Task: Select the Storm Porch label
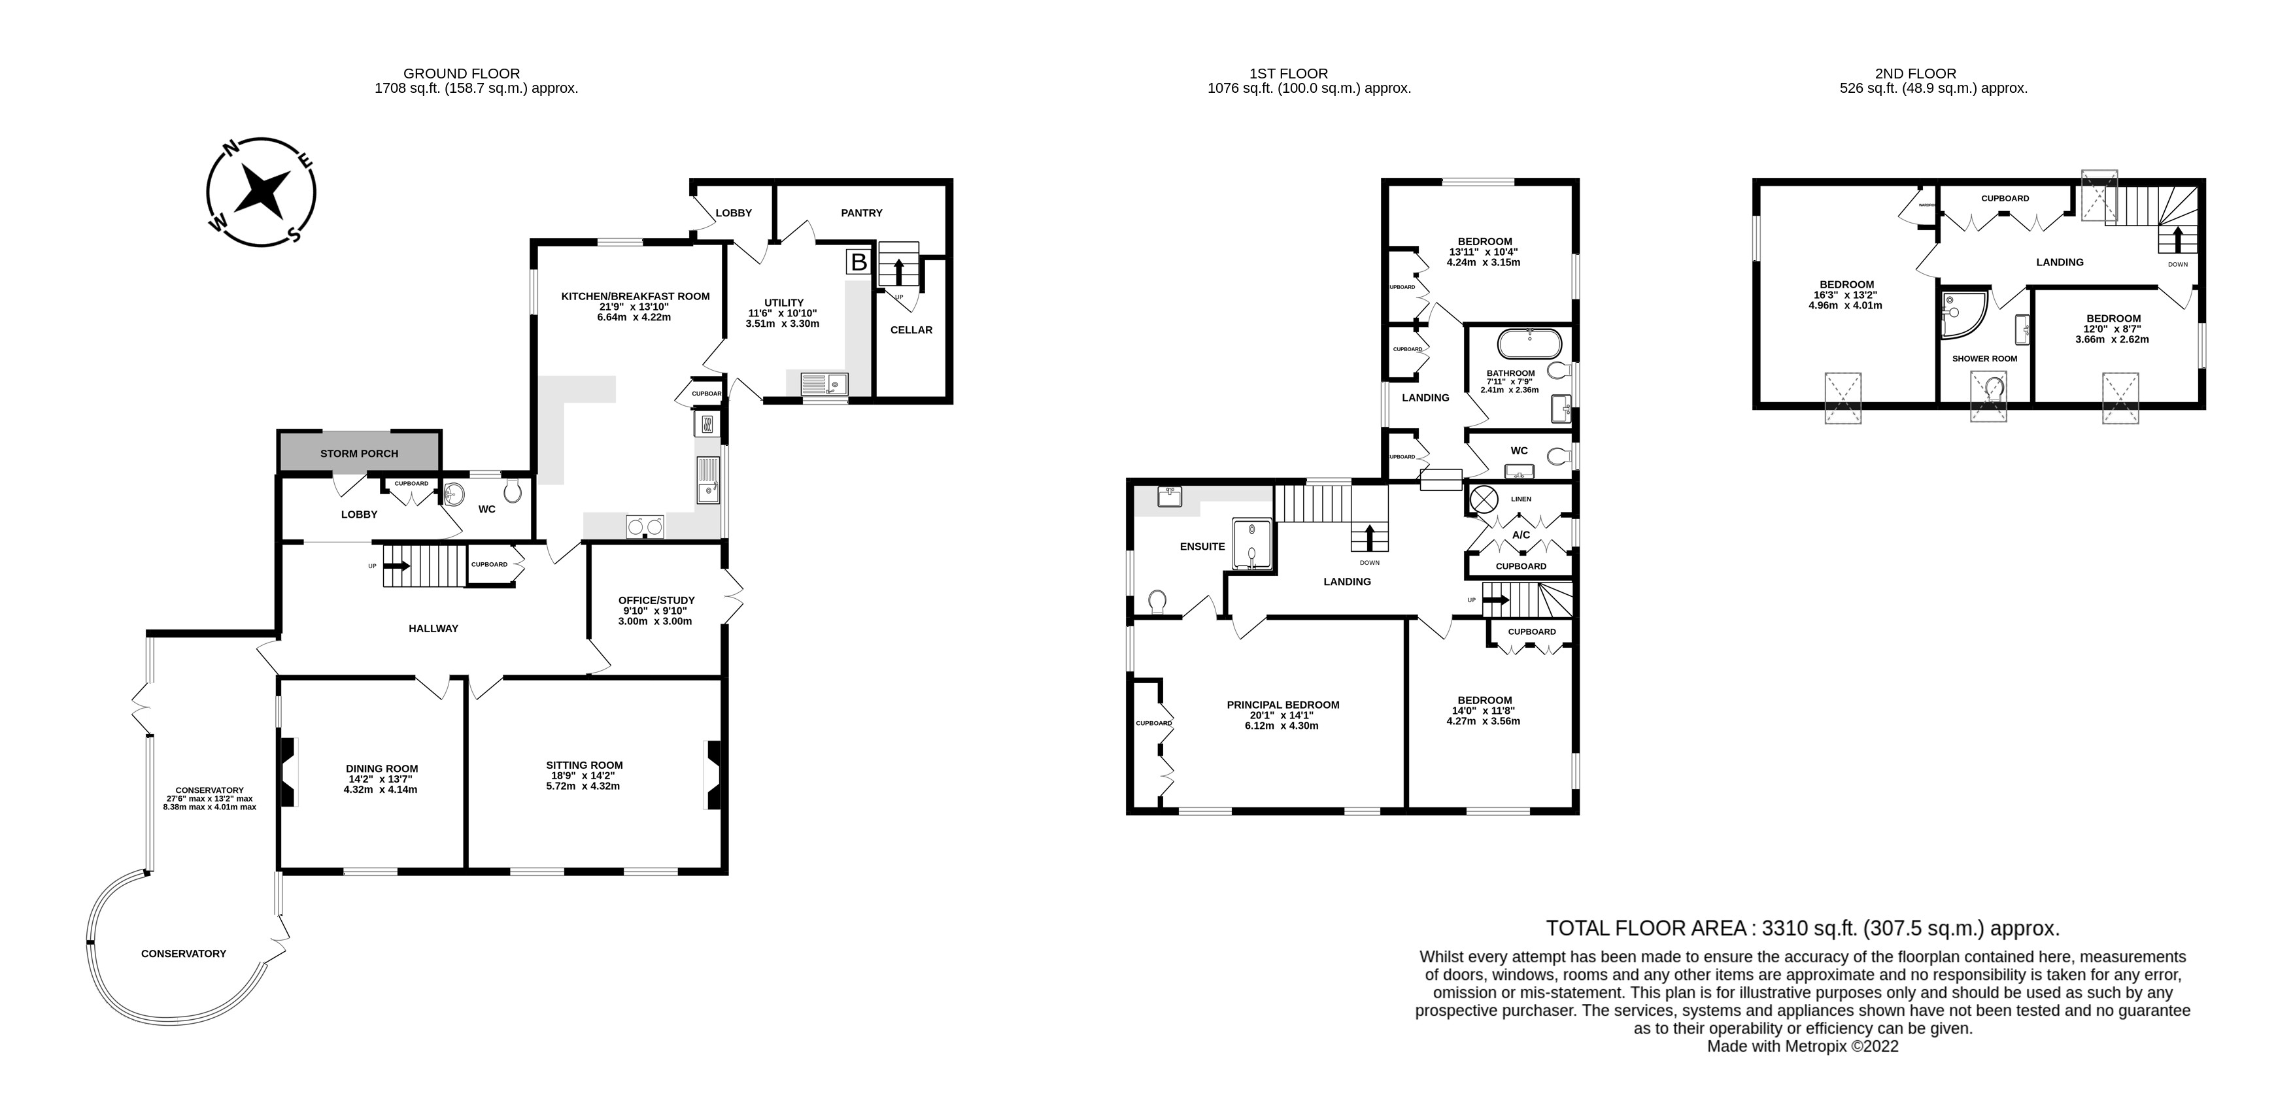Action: pyautogui.click(x=360, y=453)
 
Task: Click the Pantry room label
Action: pyautogui.click(x=862, y=212)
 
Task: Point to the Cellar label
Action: pyautogui.click(x=911, y=329)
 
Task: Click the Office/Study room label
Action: pyautogui.click(x=657, y=600)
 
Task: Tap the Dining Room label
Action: pyautogui.click(x=382, y=768)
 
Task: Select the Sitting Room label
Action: pyautogui.click(x=585, y=765)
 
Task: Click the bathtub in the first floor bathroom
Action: pyautogui.click(x=1529, y=343)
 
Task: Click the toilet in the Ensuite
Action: pyautogui.click(x=1158, y=603)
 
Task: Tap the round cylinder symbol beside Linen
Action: pyautogui.click(x=1483, y=499)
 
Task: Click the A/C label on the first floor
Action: pyautogui.click(x=1521, y=535)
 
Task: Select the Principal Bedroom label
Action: pyautogui.click(x=1283, y=704)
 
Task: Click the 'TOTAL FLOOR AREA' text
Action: pyautogui.click(x=1646, y=928)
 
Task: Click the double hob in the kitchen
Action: pyautogui.click(x=645, y=527)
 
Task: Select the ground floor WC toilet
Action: pyautogui.click(x=513, y=492)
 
